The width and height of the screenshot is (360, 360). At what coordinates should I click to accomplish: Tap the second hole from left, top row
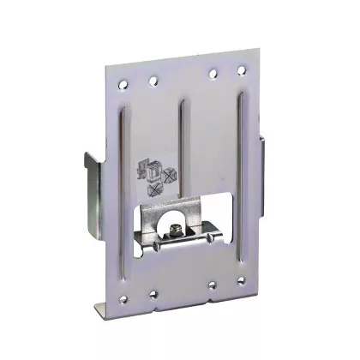click(x=154, y=81)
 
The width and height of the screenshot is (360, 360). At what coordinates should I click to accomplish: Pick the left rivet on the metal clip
click(x=159, y=243)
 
